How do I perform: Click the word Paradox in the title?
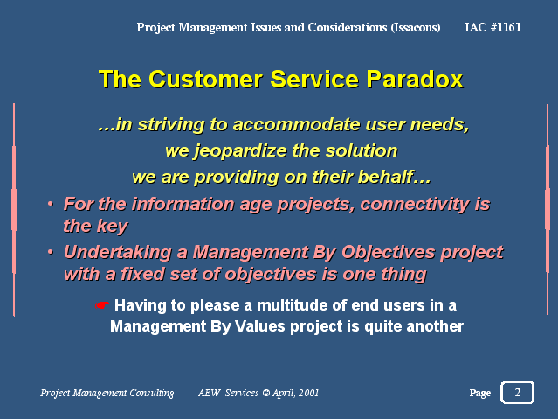click(x=415, y=79)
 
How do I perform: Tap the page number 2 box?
click(x=517, y=392)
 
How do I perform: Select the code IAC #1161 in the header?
click(x=493, y=27)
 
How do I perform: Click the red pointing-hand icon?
click(x=102, y=305)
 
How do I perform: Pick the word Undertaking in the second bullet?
click(x=118, y=253)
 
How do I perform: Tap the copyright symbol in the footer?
click(x=265, y=393)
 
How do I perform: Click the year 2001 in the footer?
click(x=308, y=393)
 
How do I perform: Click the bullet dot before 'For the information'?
click(x=51, y=204)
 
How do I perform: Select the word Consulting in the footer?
click(x=152, y=393)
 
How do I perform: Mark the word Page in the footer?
click(x=480, y=393)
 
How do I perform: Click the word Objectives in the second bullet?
click(x=389, y=253)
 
